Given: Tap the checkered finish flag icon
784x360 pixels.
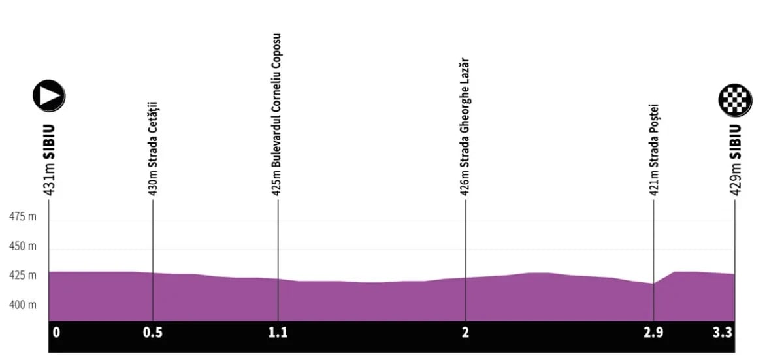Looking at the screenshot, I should [x=735, y=100].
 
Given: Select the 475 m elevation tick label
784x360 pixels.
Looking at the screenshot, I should [x=23, y=217].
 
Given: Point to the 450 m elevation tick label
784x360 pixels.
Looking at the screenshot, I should [x=23, y=247].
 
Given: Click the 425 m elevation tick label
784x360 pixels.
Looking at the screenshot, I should [x=23, y=276].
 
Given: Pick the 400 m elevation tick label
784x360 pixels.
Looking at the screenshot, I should [x=23, y=305].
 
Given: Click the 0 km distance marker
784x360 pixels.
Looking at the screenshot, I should [x=56, y=333].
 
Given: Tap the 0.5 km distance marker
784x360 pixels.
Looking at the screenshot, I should [x=153, y=333].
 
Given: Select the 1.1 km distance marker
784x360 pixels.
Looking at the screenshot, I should [x=278, y=333].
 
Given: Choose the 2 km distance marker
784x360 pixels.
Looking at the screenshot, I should [x=465, y=333].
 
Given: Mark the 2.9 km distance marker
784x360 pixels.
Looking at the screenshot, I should [x=653, y=333].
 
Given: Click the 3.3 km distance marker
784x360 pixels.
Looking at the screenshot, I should [x=723, y=333].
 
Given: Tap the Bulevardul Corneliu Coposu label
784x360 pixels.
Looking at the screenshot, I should [x=278, y=114].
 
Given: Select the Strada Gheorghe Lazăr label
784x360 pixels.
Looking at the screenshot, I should [x=465, y=127].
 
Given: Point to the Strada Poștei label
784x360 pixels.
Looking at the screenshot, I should [x=653, y=150].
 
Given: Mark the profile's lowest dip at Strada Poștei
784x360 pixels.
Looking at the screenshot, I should [x=653, y=284].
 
